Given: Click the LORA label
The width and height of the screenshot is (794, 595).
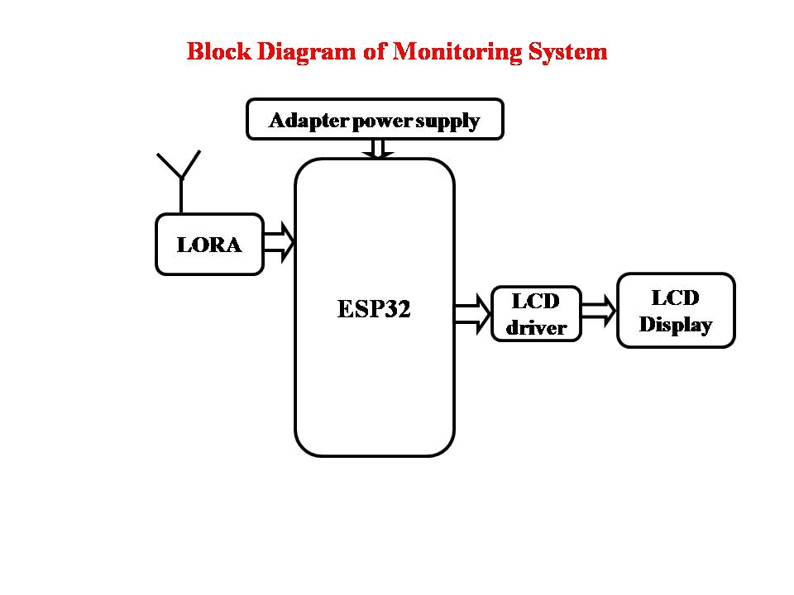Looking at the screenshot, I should click(x=209, y=245).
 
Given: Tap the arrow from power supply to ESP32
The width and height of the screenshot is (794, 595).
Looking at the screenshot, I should click(x=379, y=149).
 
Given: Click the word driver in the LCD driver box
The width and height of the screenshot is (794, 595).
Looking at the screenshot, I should click(x=536, y=328).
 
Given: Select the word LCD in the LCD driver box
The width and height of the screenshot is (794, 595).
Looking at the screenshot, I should click(x=536, y=302).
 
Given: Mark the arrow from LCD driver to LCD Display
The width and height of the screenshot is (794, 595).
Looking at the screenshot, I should click(x=600, y=312).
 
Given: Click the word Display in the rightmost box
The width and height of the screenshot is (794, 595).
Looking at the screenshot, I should click(x=676, y=325).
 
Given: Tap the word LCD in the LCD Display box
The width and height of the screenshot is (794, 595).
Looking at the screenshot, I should click(x=676, y=297).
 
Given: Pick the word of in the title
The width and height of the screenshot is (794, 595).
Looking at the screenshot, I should click(x=374, y=51).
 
